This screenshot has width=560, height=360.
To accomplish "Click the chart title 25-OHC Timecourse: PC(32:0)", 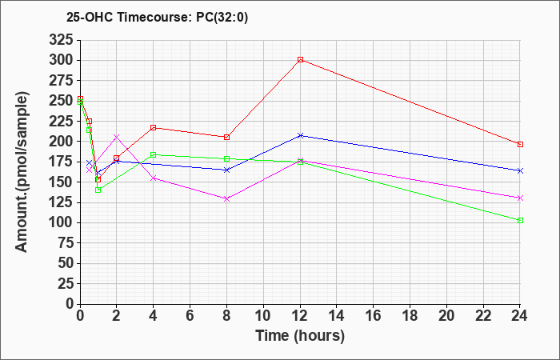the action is (157, 18).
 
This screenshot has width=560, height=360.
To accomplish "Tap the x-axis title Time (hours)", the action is (300, 336).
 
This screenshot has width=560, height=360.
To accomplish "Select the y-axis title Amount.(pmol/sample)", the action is (22, 172).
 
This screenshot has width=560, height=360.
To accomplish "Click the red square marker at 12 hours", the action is (300, 60).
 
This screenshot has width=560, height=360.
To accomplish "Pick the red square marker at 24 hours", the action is (520, 144).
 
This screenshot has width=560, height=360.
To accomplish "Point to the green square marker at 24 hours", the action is (520, 220).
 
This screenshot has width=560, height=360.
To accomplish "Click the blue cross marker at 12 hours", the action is (300, 135).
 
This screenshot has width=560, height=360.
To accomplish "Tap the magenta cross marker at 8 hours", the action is (226, 198).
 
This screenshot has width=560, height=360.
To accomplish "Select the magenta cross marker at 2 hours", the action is (117, 137).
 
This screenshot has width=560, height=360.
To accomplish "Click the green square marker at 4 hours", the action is (154, 154).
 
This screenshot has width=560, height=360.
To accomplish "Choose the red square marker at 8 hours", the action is (226, 137).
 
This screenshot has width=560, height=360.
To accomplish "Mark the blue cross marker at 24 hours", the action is (520, 170).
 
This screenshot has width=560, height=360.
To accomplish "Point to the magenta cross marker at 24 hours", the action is (520, 198).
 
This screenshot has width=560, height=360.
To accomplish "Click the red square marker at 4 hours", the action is (154, 127).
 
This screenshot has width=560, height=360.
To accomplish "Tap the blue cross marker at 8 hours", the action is (226, 170).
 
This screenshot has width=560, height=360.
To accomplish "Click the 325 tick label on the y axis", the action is (61, 40).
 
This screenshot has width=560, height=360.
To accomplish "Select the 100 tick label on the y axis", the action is (61, 223).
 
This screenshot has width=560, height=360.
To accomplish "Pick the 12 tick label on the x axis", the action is (300, 316).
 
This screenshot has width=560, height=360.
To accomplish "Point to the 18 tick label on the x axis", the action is (410, 316).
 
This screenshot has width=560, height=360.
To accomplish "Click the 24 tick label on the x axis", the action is (520, 316).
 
